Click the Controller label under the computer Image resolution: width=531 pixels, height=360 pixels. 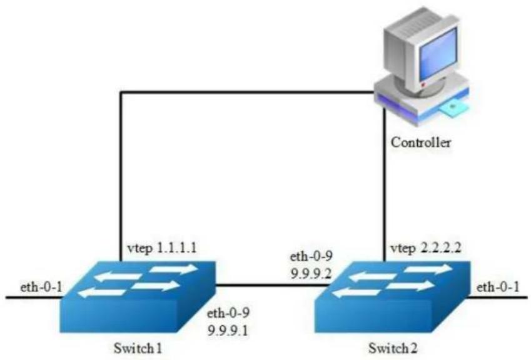(x=421, y=142)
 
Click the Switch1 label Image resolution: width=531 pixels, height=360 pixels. (x=138, y=348)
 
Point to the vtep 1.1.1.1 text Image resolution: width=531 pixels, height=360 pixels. (x=162, y=248)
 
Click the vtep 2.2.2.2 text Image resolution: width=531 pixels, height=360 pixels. (x=426, y=248)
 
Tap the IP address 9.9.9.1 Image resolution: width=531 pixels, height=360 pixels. (x=228, y=330)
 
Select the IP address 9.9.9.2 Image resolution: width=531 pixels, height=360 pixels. (x=311, y=273)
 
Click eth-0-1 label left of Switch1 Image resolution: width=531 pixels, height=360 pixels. (x=41, y=287)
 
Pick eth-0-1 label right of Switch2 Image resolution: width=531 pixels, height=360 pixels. (x=498, y=287)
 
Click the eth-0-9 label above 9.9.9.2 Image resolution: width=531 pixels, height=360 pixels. (x=311, y=256)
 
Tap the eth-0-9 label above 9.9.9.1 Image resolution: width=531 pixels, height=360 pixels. (x=228, y=313)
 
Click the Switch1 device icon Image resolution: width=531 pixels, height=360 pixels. (x=138, y=297)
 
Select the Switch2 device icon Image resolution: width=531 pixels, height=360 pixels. (x=392, y=297)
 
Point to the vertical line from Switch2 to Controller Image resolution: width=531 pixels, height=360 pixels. (x=385, y=184)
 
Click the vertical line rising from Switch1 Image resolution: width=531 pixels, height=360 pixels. (x=121, y=176)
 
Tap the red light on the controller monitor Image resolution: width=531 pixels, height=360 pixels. (x=423, y=84)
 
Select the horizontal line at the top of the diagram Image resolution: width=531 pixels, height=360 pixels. (x=248, y=92)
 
